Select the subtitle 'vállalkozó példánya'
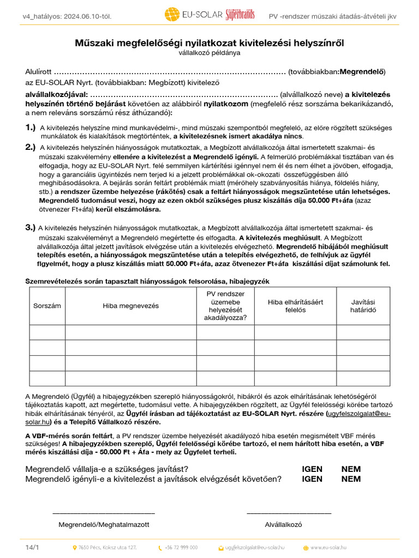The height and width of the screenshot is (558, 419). tap(209, 53)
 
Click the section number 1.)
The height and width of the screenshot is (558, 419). tap(31, 127)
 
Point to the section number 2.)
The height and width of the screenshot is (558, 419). tap(31, 147)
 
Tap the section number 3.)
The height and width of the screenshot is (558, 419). tap(31, 228)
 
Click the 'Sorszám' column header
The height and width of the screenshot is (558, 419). tap(47, 306)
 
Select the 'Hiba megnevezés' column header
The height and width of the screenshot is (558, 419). tap(131, 306)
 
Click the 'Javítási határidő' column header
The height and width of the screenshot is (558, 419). tap(363, 306)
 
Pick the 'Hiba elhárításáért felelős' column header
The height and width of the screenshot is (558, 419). tap(295, 306)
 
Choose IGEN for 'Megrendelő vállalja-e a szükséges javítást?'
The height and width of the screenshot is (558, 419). tap(312, 469)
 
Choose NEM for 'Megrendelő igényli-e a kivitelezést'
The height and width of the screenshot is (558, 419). tap(351, 479)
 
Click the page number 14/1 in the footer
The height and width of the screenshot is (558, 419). tap(32, 547)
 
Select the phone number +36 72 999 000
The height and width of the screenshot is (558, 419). tap(182, 547)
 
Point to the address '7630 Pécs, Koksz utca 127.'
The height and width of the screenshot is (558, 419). tap(107, 547)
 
